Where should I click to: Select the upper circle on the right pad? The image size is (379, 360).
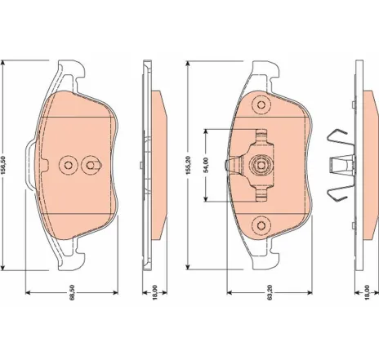point(261,104)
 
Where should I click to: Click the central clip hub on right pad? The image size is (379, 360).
point(261,164)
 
